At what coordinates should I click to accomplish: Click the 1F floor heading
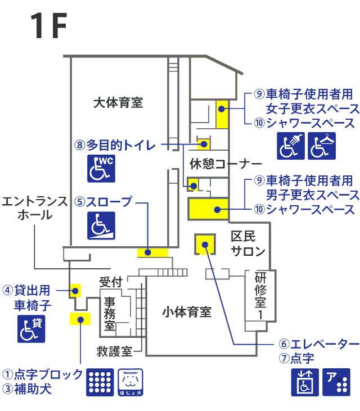click(x=49, y=26)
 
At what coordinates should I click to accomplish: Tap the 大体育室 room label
click(x=118, y=102)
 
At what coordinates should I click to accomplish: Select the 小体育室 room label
click(x=187, y=312)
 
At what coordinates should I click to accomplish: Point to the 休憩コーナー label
click(x=226, y=164)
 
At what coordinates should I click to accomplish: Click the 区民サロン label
click(x=248, y=244)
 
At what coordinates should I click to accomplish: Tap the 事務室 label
click(x=110, y=314)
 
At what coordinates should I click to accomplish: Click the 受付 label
click(x=111, y=282)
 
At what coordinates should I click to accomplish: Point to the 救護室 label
click(x=114, y=351)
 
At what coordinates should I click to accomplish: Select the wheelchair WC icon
click(x=101, y=169)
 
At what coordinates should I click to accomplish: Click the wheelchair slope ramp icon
click(x=101, y=225)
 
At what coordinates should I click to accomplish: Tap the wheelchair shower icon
click(x=291, y=146)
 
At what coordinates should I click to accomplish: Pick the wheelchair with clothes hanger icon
click(x=322, y=146)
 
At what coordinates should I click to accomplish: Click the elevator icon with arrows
click(x=305, y=382)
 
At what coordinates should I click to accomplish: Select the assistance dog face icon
click(x=130, y=382)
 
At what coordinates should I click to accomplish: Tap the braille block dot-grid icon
click(x=100, y=382)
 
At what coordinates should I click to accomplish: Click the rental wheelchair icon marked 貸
click(x=31, y=329)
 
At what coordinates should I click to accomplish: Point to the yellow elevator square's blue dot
click(x=205, y=245)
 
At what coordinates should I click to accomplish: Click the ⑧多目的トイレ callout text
click(x=115, y=144)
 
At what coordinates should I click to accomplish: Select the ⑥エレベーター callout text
click(x=319, y=344)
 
